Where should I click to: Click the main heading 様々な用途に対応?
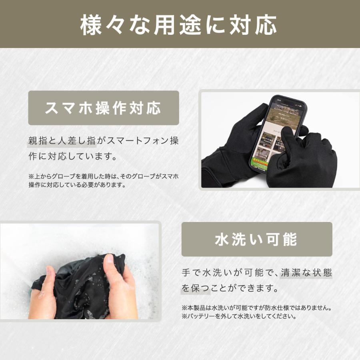(x=180, y=25)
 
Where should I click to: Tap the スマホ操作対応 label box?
(x=103, y=108)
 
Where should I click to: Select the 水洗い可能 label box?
(x=256, y=239)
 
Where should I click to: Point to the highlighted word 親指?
(x=37, y=141)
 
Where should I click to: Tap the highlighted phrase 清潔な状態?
(x=306, y=273)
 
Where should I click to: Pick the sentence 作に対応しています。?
(x=73, y=156)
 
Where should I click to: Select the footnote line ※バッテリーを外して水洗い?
(x=239, y=316)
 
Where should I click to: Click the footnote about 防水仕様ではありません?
(x=257, y=308)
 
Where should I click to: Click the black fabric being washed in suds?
(x=80, y=286)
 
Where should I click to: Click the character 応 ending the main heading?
(x=266, y=25)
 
